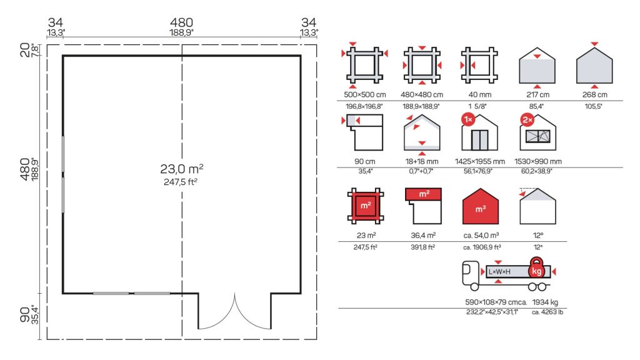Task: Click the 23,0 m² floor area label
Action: click(182, 168)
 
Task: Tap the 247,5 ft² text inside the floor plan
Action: click(181, 182)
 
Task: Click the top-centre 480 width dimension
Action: click(182, 22)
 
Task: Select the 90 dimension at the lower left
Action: click(24, 314)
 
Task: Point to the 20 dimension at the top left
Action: click(24, 50)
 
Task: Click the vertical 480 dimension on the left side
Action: click(24, 169)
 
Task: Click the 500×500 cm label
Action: click(365, 95)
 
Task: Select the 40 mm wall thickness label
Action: click(479, 95)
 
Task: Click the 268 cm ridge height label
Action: click(595, 95)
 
